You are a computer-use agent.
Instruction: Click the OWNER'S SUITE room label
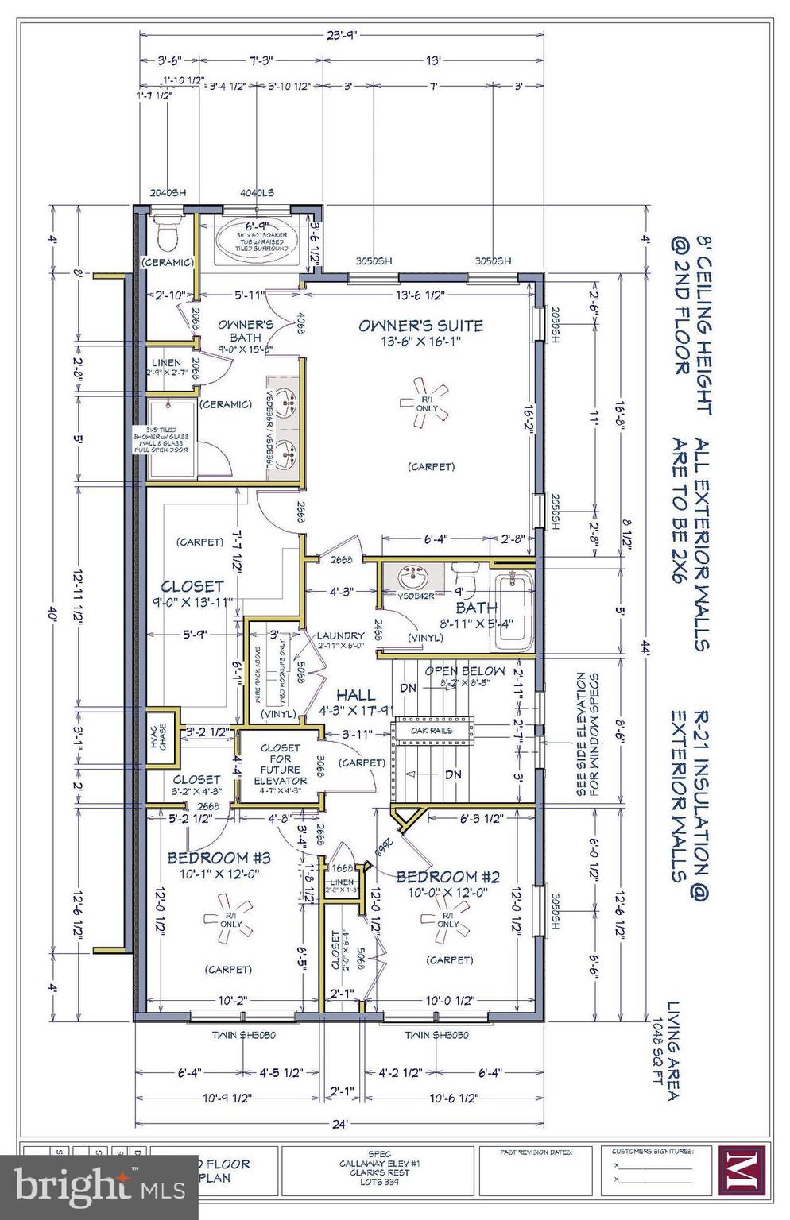pyautogui.click(x=420, y=325)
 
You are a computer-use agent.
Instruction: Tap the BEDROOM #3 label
pyautogui.click(x=219, y=858)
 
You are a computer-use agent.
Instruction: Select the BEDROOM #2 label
pyautogui.click(x=447, y=877)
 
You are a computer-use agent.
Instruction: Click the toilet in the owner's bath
pyautogui.click(x=167, y=233)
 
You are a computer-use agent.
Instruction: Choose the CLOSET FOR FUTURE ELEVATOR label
pyautogui.click(x=280, y=764)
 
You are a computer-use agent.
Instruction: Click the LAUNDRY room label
pyautogui.click(x=339, y=635)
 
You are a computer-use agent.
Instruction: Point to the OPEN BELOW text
pyautogui.click(x=464, y=671)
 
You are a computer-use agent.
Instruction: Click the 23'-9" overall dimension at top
pyautogui.click(x=342, y=34)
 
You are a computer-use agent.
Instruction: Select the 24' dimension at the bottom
pyautogui.click(x=339, y=1124)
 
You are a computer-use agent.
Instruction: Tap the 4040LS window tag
pyautogui.click(x=257, y=192)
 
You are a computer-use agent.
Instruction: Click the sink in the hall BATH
pyautogui.click(x=412, y=573)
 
